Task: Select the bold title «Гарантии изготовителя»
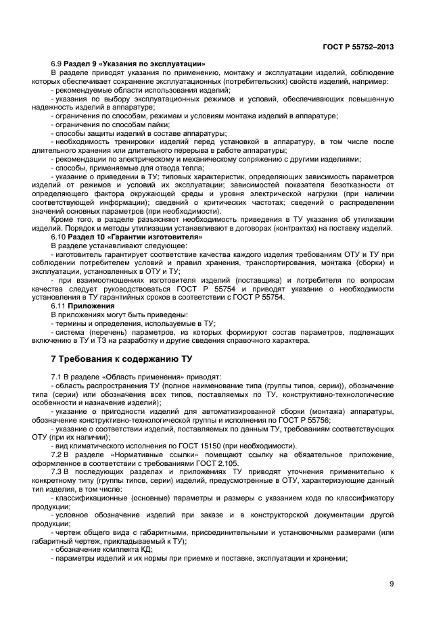pos(160,237)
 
